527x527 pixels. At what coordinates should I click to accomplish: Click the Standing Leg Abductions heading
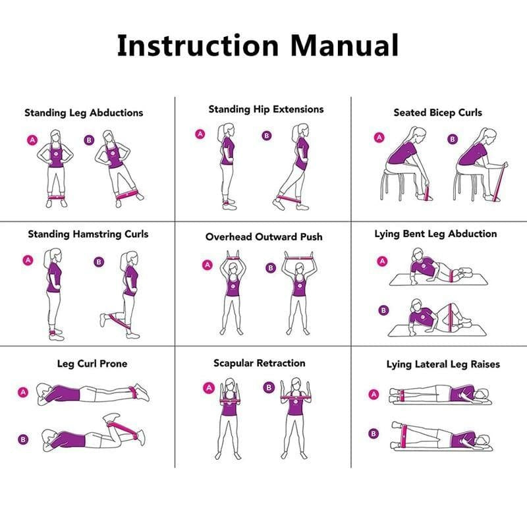click(x=84, y=113)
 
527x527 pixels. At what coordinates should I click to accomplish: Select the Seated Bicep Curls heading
click(x=437, y=113)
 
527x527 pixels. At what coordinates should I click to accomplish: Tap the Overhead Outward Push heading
click(x=263, y=236)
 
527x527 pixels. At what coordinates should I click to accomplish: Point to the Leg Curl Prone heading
click(x=92, y=364)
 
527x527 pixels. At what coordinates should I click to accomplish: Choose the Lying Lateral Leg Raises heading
click(x=443, y=364)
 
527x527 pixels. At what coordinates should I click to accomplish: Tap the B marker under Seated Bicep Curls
click(x=453, y=139)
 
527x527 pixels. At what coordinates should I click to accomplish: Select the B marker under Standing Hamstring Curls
click(x=99, y=262)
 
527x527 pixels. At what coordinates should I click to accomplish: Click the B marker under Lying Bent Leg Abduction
click(x=383, y=310)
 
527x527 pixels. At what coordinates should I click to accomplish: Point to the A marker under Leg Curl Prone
click(x=24, y=393)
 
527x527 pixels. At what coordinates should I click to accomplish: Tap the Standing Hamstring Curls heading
click(x=88, y=234)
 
